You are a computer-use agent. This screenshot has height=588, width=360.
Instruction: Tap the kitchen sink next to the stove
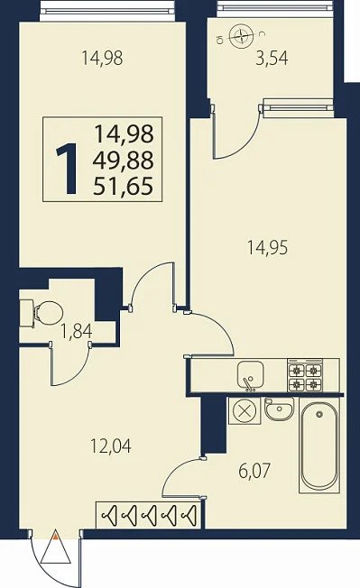click(x=251, y=375)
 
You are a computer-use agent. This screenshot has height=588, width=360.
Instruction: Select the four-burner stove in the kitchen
click(x=305, y=376)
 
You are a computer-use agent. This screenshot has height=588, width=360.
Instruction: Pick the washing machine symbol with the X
click(x=245, y=411)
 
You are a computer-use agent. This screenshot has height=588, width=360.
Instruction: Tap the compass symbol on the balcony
click(x=240, y=35)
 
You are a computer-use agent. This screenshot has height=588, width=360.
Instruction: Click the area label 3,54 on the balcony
click(x=272, y=59)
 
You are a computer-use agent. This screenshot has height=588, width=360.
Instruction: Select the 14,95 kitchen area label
click(x=267, y=248)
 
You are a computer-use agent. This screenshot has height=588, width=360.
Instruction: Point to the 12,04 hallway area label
click(x=111, y=446)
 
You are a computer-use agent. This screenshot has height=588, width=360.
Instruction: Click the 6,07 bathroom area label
click(x=254, y=471)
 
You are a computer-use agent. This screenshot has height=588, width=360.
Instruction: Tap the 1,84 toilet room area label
click(x=77, y=332)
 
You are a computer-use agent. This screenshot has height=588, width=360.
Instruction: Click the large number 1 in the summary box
click(x=68, y=169)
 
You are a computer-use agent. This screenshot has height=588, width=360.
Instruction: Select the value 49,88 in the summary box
click(x=124, y=161)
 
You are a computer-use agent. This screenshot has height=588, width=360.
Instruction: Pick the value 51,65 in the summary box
click(x=124, y=186)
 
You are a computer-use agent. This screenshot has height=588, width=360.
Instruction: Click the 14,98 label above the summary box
click(x=102, y=58)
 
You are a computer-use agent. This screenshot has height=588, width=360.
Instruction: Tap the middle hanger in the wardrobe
click(x=149, y=515)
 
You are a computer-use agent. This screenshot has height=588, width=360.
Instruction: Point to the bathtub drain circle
click(x=319, y=414)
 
